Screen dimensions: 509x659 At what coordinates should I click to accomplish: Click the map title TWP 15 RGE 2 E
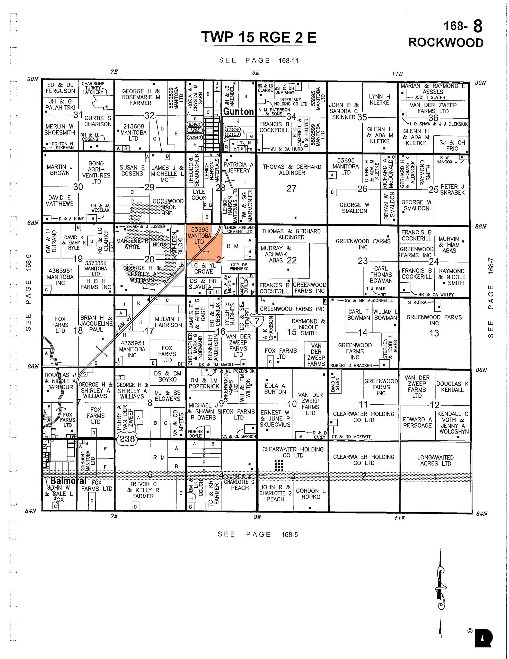pos(259,37)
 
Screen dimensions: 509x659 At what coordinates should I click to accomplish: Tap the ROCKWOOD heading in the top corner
pos(445,42)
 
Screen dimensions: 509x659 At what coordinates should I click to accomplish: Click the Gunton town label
pos(238,112)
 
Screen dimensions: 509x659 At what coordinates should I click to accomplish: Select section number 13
pos(434,333)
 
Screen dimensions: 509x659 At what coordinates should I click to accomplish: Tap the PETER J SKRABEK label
pos(452,189)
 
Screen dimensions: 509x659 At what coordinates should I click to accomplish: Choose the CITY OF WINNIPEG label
pos(239,266)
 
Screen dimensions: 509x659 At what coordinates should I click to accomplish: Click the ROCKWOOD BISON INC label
pos(168,207)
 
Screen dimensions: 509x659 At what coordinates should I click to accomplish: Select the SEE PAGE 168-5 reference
pos(258,534)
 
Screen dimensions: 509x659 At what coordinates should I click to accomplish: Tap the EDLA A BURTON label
pos(275,389)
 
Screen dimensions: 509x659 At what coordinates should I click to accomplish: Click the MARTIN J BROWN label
pos(60,170)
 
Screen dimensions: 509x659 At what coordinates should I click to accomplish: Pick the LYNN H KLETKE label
pos(379,100)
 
